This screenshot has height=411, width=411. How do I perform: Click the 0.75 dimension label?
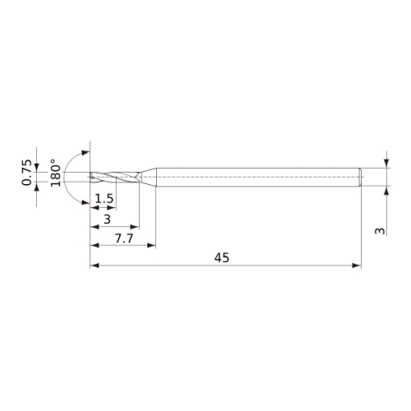[x=26, y=173]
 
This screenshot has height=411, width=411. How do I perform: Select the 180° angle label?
[x=56, y=173]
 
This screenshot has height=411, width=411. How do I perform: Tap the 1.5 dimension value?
[x=104, y=199]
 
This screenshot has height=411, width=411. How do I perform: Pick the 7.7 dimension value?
[x=124, y=238]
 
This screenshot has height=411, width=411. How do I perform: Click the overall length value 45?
[x=222, y=258]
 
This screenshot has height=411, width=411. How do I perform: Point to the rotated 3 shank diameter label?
[x=380, y=231]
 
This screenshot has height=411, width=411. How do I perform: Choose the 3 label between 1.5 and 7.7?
[x=107, y=219]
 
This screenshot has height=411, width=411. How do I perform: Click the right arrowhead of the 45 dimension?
[x=357, y=266]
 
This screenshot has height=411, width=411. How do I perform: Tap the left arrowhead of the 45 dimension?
[x=95, y=266]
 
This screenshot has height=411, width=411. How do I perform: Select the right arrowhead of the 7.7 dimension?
[x=151, y=245]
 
